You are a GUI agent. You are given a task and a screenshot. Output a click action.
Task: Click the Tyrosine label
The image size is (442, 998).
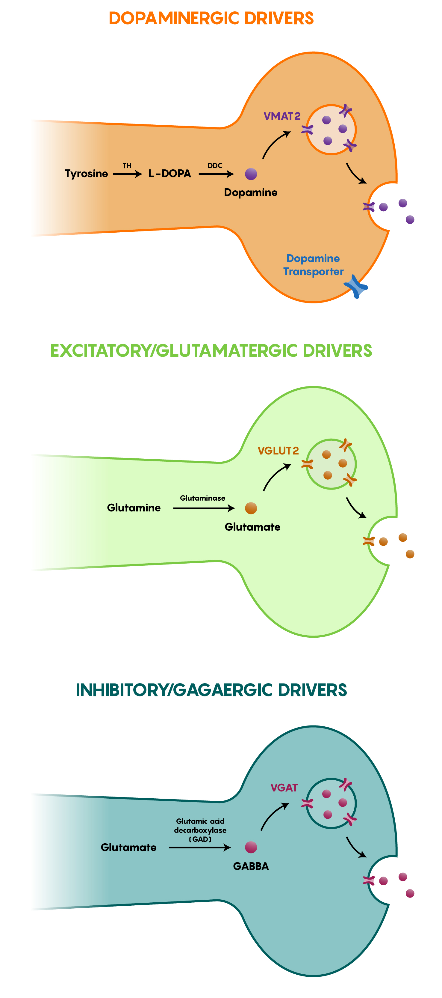(x=86, y=174)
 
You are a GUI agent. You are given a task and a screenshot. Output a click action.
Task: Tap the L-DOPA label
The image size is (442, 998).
(x=169, y=174)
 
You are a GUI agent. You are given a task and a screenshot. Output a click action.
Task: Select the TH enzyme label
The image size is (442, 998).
(x=127, y=166)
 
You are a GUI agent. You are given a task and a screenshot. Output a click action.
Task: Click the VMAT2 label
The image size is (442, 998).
(x=282, y=116)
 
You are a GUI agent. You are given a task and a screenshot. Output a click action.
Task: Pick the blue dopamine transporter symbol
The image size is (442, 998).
(x=356, y=286)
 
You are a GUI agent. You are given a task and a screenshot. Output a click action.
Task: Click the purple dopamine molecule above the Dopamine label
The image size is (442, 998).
(x=251, y=174)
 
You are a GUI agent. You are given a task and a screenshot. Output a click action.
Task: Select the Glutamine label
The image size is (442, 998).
(x=134, y=508)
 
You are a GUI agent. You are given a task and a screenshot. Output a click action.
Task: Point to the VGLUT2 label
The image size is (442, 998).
(x=278, y=451)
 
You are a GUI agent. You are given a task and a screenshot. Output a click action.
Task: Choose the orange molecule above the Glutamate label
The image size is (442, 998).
(x=251, y=508)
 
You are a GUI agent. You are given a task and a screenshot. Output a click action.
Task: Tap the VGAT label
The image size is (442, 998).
(x=284, y=788)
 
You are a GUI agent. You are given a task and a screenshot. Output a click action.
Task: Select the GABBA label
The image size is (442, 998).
(x=251, y=866)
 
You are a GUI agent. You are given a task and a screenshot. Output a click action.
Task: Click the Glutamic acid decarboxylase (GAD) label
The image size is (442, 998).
(x=200, y=830)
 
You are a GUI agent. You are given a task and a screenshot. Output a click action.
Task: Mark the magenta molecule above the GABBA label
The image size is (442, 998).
(x=251, y=847)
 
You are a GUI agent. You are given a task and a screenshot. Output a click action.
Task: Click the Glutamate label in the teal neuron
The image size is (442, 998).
(x=128, y=847)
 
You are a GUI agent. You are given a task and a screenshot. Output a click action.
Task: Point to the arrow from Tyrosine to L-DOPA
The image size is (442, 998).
(x=128, y=174)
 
